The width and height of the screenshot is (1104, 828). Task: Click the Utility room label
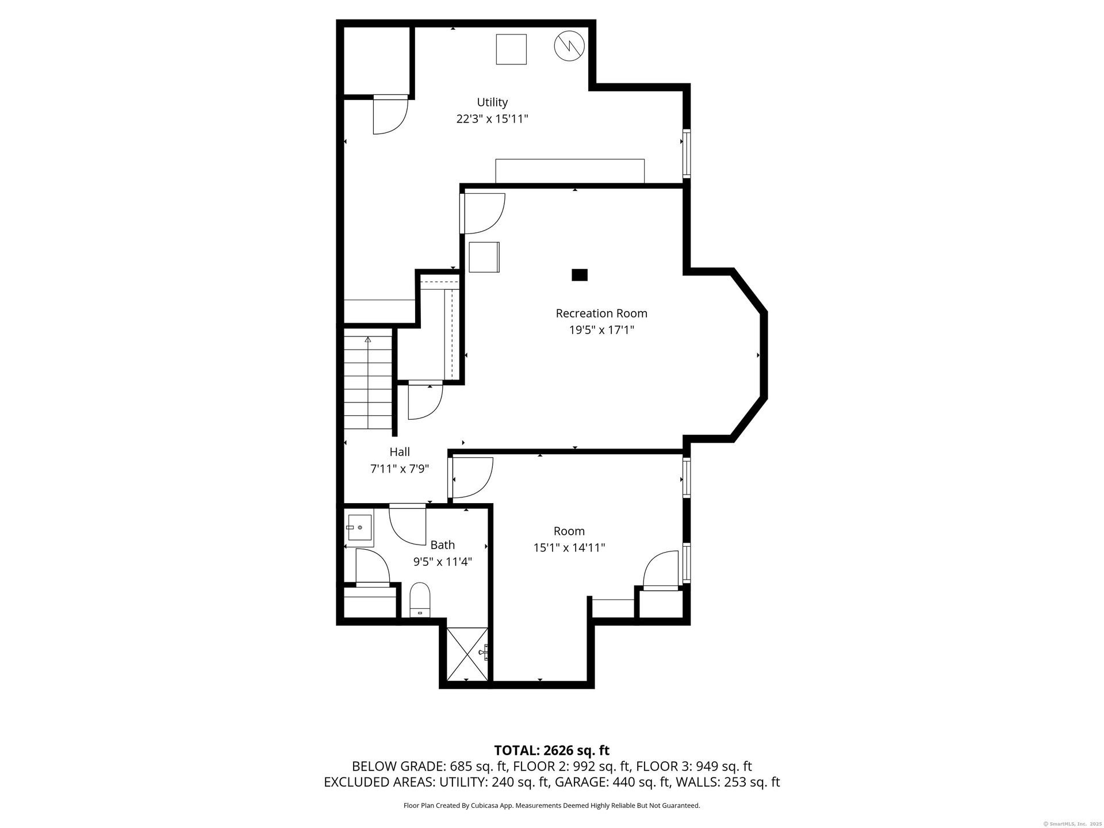tap(492, 102)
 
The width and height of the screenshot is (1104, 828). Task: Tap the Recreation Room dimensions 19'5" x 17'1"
tap(601, 330)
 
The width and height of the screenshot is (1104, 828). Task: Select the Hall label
tap(400, 452)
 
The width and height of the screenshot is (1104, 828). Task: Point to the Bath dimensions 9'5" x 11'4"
tap(443, 561)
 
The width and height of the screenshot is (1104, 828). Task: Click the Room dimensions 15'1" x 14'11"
tap(569, 547)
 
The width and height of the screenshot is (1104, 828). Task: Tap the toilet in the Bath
tap(420, 600)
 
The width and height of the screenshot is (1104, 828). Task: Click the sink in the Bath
tap(359, 527)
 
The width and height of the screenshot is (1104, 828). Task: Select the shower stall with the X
tap(467, 654)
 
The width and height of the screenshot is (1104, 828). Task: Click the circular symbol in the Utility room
tap(569, 45)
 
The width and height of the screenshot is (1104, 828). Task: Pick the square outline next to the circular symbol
tap(511, 49)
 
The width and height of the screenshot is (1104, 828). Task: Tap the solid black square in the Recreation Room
tap(580, 275)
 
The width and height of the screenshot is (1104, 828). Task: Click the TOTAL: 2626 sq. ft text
tap(552, 750)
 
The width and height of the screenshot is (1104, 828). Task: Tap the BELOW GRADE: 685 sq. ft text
tap(429, 766)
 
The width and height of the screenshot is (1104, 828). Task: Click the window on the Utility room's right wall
tap(687, 154)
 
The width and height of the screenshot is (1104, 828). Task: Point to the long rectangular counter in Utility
tap(570, 171)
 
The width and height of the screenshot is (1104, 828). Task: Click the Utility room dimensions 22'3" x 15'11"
tap(492, 119)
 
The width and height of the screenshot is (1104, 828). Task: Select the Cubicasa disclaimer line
tap(552, 806)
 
